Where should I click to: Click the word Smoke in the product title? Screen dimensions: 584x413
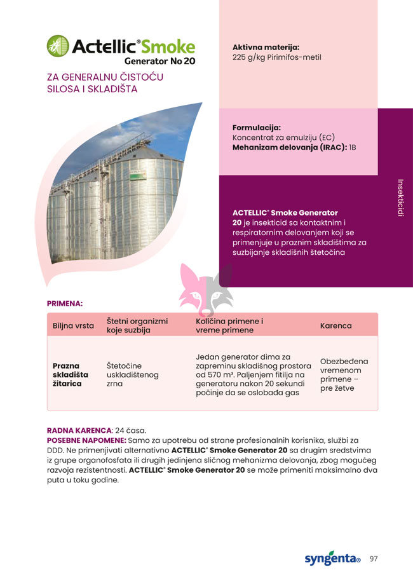(x=168, y=46)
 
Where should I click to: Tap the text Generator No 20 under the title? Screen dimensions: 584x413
(x=159, y=62)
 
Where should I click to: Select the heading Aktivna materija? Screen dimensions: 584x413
(x=266, y=47)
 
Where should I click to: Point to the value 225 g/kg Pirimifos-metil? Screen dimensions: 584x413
(x=276, y=57)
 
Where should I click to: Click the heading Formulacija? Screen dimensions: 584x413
(x=256, y=127)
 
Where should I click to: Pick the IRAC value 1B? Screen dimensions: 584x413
(x=353, y=147)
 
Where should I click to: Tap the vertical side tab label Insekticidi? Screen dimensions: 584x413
(x=401, y=197)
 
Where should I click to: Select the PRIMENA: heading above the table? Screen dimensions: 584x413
(x=65, y=304)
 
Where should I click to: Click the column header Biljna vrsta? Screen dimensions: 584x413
(x=73, y=326)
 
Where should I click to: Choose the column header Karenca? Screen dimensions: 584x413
(x=335, y=326)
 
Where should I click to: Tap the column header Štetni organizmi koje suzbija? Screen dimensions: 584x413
(x=137, y=326)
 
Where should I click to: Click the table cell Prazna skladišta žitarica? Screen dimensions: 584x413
(x=71, y=375)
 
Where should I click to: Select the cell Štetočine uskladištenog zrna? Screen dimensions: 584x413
(x=132, y=375)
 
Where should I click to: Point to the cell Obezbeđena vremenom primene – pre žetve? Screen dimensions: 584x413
(x=344, y=374)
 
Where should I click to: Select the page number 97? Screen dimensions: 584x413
(x=374, y=559)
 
